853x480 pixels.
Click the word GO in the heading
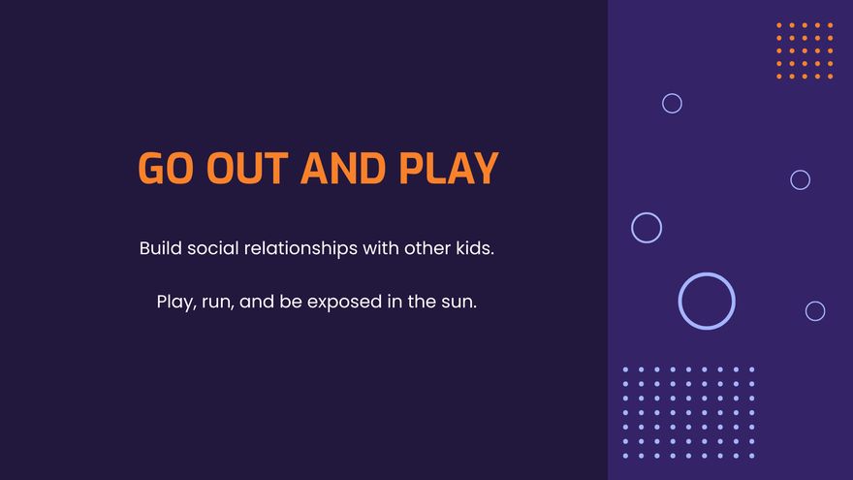coord(166,168)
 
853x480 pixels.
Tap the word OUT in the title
coord(247,168)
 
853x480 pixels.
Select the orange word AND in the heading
coord(343,168)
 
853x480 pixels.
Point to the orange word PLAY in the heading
coord(449,168)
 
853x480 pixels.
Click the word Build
coord(161,248)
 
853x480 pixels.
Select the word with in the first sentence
coord(381,248)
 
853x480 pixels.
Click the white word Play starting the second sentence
coord(176,302)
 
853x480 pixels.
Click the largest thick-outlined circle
coord(707,273)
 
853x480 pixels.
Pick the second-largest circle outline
coord(647,213)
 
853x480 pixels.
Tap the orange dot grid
coord(805,50)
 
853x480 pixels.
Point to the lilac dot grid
coord(689,412)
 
